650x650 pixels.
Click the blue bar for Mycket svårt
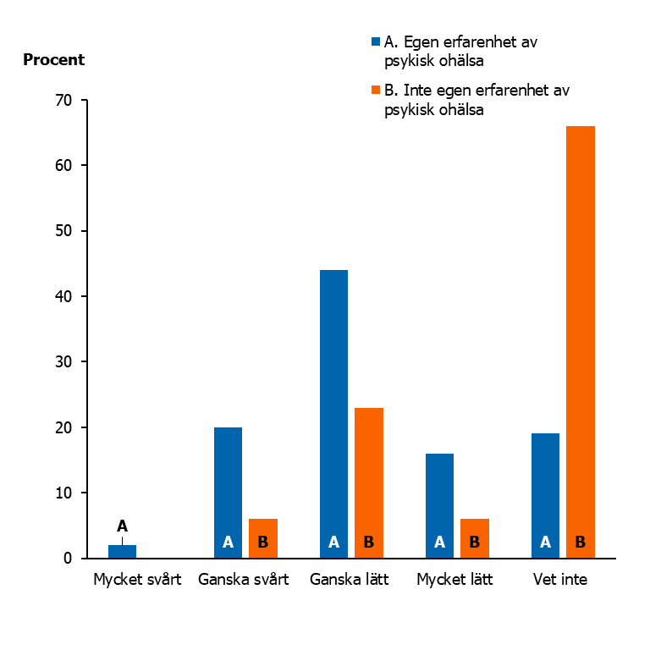[x=122, y=551]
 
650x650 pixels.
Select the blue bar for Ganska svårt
[x=228, y=492]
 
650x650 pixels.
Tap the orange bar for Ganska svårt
[x=263, y=537]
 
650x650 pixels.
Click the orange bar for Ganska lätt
[x=369, y=482]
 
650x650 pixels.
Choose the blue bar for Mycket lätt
[x=439, y=505]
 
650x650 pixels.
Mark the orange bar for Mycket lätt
[x=475, y=537]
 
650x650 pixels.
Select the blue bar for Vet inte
[x=545, y=495]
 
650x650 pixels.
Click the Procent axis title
[x=54, y=60]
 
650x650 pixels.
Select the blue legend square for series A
[x=376, y=41]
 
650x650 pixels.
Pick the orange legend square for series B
[x=376, y=90]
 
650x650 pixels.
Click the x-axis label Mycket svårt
[x=137, y=581]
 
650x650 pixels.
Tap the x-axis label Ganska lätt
[x=350, y=581]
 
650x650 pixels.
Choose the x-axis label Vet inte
[x=560, y=581]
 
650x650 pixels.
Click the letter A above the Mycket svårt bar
[x=122, y=526]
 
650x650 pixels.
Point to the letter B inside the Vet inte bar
[x=581, y=543]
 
